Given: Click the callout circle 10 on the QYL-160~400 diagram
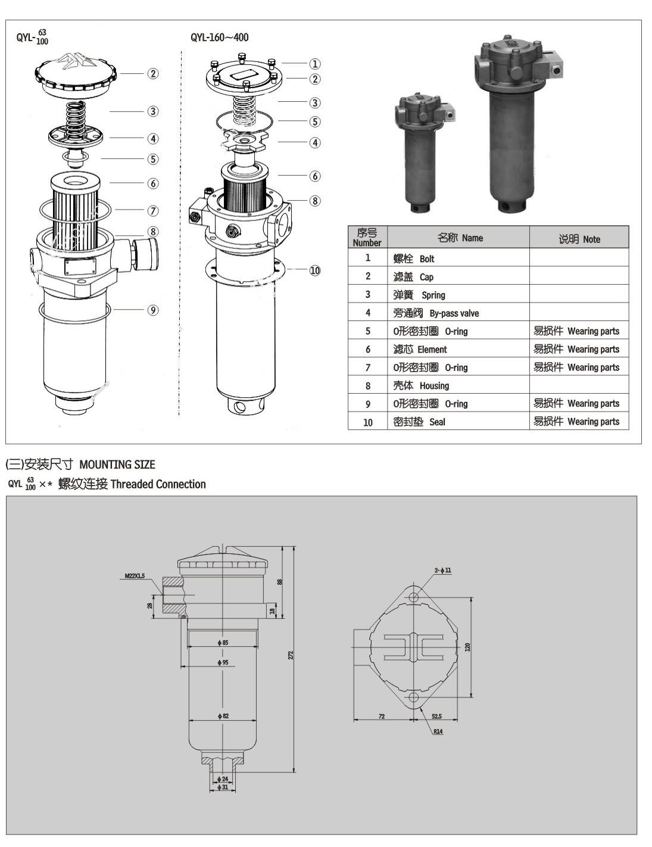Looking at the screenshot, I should [x=314, y=270].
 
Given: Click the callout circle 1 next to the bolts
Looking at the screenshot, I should [x=314, y=63].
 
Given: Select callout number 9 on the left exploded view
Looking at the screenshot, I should [x=153, y=310].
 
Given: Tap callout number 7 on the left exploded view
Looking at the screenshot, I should [x=153, y=211].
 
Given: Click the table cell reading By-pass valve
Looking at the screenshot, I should [x=436, y=313].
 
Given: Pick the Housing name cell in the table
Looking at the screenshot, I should [x=421, y=386].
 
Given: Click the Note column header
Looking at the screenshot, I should [x=579, y=239].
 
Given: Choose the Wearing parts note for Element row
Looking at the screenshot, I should [x=576, y=350].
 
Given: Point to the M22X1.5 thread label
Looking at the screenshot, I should [x=135, y=576].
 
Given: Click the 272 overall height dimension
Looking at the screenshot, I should [x=291, y=655].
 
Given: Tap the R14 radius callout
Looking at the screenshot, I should [x=438, y=731].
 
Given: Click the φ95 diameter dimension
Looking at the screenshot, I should [x=223, y=662].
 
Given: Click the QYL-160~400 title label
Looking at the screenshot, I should [x=220, y=38].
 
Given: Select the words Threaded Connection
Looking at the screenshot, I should [x=158, y=484].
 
